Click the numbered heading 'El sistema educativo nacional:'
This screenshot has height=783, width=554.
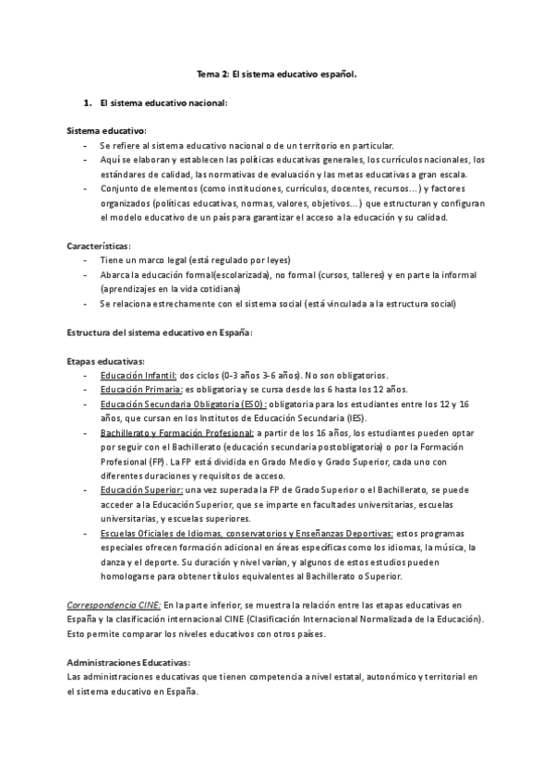coord(163,102)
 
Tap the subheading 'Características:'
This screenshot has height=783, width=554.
coord(100,247)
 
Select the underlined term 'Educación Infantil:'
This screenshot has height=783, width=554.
coord(138,376)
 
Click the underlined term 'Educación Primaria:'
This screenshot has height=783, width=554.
coord(141,390)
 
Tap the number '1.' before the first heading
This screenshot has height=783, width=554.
coord(88,102)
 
